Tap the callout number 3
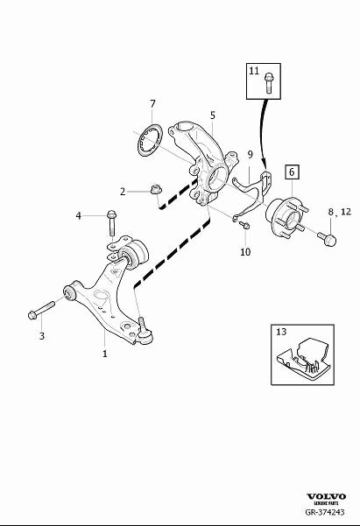point(40,335)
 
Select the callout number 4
point(78,214)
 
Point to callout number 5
point(212,115)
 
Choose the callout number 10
point(245,252)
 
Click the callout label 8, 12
point(338,212)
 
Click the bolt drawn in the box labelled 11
point(268,85)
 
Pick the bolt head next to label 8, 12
point(328,237)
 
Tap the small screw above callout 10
point(244,225)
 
